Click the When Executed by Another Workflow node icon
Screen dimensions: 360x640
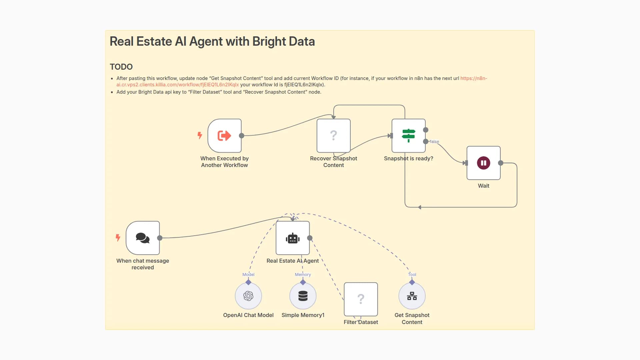coord(224,136)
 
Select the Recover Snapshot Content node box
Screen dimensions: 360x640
coord(333,136)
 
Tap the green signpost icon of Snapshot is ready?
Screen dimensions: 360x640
coord(408,136)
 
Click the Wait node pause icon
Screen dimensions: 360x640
coord(483,163)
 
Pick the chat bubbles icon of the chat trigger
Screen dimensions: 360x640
coord(143,238)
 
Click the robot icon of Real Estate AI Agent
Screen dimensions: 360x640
coord(293,238)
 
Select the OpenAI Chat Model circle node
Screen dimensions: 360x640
coord(248,296)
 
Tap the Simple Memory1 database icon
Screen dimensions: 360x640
coord(303,296)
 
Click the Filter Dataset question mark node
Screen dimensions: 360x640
coord(361,299)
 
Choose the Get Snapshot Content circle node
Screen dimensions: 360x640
coord(412,296)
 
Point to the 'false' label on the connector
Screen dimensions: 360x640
coord(434,142)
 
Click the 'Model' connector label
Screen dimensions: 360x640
coord(248,275)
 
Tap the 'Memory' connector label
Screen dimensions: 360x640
coord(303,275)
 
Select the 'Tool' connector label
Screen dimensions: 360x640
coord(412,275)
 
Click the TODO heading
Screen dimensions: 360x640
coord(121,67)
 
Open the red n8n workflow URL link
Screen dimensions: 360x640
coord(177,85)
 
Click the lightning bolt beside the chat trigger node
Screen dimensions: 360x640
coord(118,238)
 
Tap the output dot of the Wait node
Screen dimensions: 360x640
coord(501,163)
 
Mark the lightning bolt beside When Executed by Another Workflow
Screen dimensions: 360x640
coord(200,135)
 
